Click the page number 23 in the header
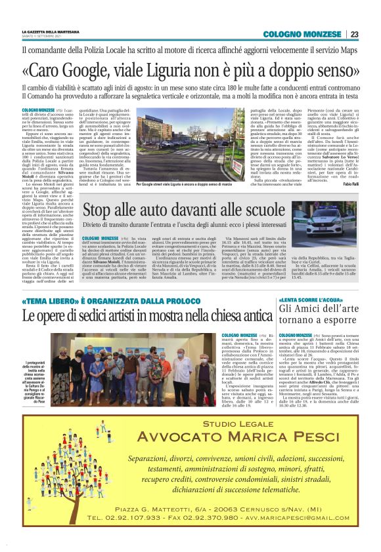354,34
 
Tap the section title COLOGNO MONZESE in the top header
302,34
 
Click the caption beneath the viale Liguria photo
190,167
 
